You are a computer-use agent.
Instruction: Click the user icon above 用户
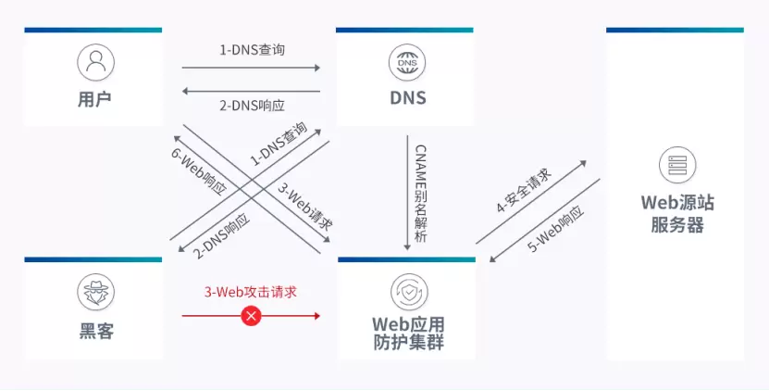[95, 62]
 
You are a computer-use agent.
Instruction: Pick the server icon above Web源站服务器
[676, 164]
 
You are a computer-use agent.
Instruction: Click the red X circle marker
[251, 316]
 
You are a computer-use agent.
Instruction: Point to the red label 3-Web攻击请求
[251, 291]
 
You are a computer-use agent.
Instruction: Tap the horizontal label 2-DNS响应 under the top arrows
[252, 105]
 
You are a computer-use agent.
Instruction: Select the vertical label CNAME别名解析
[420, 194]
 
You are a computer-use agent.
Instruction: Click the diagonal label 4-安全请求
[524, 192]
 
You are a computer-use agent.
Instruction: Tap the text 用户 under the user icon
[94, 97]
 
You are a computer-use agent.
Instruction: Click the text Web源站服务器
[676, 214]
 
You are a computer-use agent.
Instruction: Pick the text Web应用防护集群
[408, 334]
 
